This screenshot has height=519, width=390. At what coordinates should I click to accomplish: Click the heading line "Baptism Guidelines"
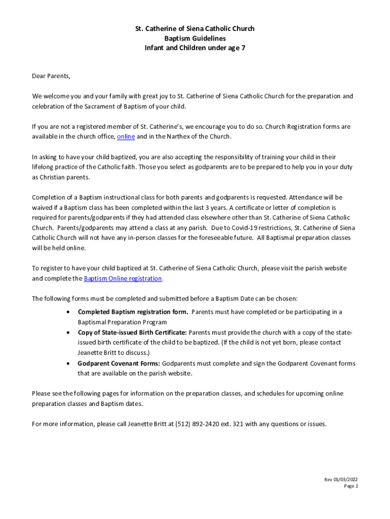[x=194, y=39]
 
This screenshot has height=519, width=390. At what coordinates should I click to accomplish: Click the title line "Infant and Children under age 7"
[x=194, y=48]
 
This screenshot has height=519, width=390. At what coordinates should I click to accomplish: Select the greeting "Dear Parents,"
[x=51, y=77]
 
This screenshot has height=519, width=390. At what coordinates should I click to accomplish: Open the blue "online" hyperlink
[x=126, y=137]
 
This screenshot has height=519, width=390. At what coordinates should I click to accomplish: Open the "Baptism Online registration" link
[x=123, y=279]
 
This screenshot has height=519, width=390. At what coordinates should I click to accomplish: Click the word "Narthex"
[x=185, y=137]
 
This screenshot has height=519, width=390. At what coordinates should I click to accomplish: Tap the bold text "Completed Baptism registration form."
[x=133, y=312]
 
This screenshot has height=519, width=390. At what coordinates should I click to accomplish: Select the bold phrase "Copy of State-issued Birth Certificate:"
[x=132, y=332]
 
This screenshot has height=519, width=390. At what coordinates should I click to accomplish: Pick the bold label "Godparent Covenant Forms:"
[x=119, y=363]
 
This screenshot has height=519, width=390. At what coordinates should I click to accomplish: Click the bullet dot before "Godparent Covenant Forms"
[x=68, y=363]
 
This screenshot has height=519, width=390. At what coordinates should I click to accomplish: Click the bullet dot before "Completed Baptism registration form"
[x=68, y=312]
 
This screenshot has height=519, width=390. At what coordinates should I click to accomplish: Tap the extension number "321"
[x=239, y=424]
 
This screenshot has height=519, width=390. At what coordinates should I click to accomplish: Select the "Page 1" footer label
[x=351, y=486]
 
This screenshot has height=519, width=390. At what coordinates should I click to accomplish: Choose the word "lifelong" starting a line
[x=44, y=167]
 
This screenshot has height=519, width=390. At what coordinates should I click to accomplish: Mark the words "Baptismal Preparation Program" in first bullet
[x=122, y=322]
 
